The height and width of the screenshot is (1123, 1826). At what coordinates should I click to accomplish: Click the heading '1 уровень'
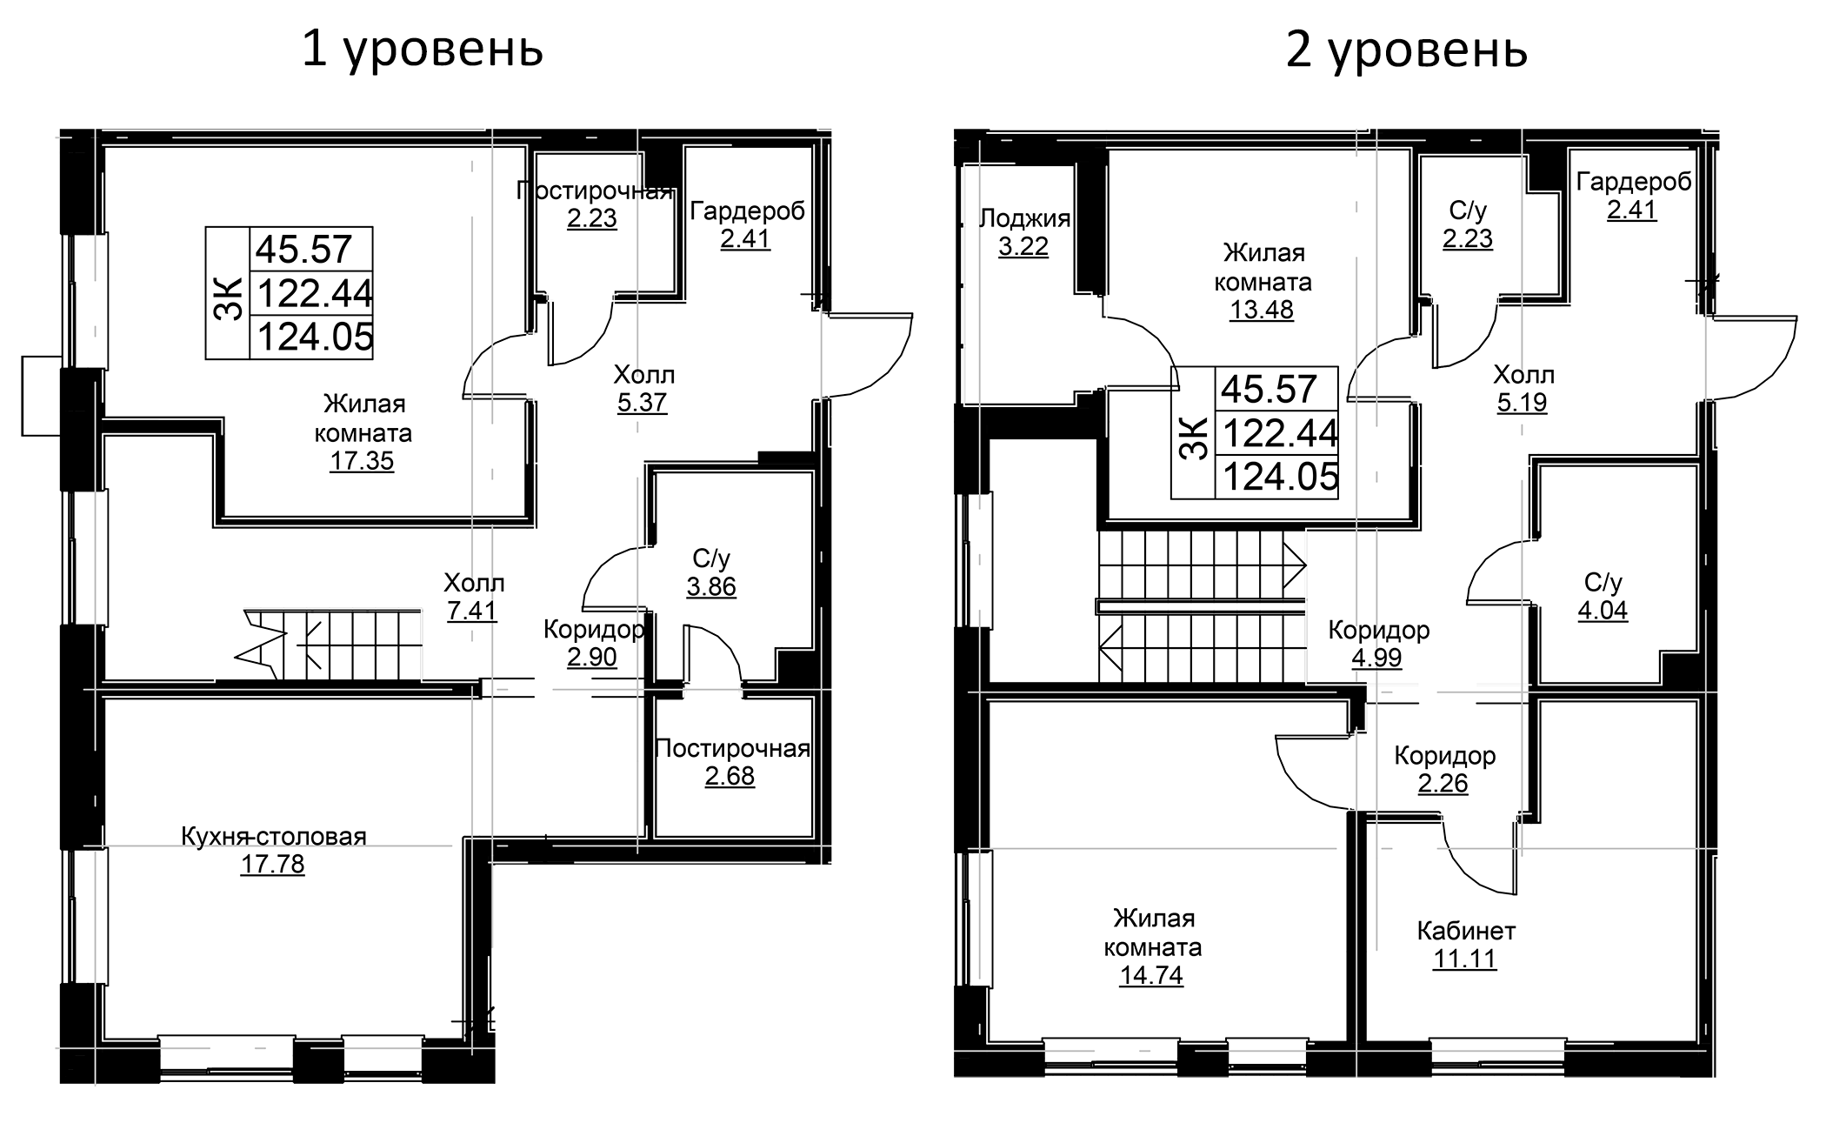pyautogui.click(x=423, y=50)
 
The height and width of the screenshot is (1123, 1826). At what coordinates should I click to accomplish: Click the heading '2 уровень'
pyautogui.click(x=1407, y=50)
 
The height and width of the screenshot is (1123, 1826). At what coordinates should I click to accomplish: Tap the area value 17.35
pyautogui.click(x=362, y=460)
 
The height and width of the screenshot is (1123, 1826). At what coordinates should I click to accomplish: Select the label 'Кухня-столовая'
pyautogui.click(x=274, y=836)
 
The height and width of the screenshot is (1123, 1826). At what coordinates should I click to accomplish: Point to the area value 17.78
pyautogui.click(x=273, y=865)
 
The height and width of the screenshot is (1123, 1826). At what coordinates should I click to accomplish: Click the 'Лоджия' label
pyautogui.click(x=1024, y=218)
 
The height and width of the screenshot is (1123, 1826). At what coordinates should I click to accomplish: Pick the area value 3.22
pyautogui.click(x=1023, y=247)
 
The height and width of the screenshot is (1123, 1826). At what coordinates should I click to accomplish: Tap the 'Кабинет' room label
pyautogui.click(x=1466, y=931)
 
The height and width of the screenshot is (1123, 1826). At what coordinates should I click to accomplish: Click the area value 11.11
pyautogui.click(x=1465, y=959)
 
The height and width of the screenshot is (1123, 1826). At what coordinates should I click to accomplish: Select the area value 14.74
pyautogui.click(x=1151, y=975)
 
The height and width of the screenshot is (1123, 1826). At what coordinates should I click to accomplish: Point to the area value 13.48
pyautogui.click(x=1262, y=309)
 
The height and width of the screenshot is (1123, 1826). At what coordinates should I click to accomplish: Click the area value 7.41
pyautogui.click(x=472, y=611)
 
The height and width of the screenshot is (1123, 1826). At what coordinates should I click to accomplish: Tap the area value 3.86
pyautogui.click(x=711, y=586)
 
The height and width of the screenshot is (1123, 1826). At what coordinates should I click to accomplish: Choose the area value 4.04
pyautogui.click(x=1603, y=610)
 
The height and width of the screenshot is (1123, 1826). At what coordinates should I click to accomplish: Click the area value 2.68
pyautogui.click(x=730, y=776)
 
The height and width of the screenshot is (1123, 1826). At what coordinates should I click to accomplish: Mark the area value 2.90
pyautogui.click(x=592, y=657)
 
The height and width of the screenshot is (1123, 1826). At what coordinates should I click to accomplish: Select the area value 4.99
pyautogui.click(x=1377, y=657)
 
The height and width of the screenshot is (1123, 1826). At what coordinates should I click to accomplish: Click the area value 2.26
pyautogui.click(x=1443, y=783)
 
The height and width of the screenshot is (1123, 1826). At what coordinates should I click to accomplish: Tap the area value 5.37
pyautogui.click(x=643, y=403)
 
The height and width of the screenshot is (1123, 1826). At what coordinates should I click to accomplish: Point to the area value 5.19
pyautogui.click(x=1523, y=403)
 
